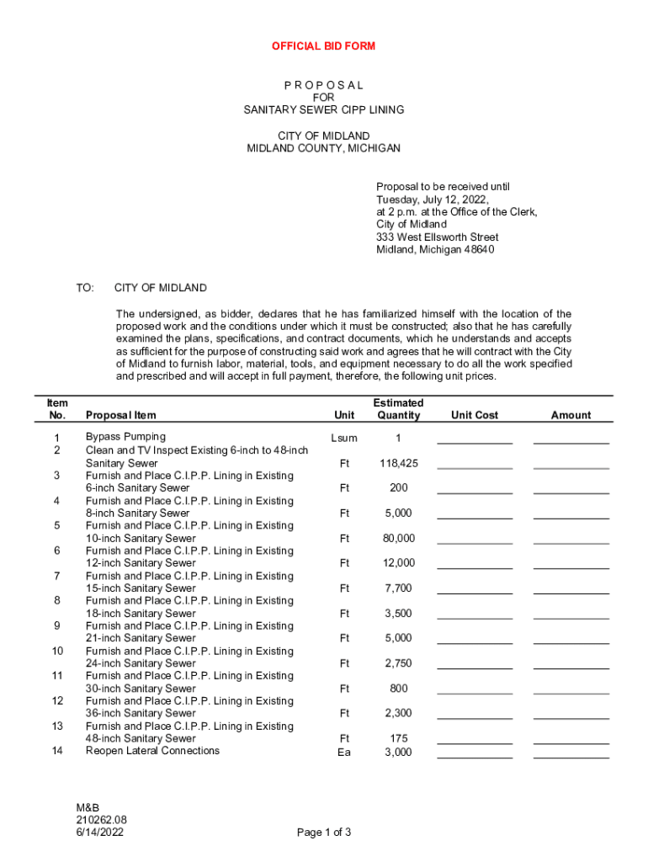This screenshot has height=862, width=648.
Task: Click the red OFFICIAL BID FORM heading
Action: pos(323,46)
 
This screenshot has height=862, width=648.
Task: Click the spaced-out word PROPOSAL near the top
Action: pos(323,85)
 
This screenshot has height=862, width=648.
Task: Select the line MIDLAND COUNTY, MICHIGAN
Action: pos(323,148)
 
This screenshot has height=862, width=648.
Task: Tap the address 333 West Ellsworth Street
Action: pos(437,237)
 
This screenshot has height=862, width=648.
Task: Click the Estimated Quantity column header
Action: pos(398,409)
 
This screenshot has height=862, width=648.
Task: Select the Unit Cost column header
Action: pos(475,415)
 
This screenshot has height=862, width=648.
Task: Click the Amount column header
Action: pos(571,415)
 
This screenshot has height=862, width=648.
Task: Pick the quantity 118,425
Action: pos(398,464)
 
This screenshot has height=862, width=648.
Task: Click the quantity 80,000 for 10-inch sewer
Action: pos(398,539)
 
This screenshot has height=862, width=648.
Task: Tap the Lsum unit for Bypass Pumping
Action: pos(344,439)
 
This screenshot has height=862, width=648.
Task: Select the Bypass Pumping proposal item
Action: pos(125,437)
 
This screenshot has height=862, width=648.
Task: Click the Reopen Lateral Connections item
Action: pos(152,751)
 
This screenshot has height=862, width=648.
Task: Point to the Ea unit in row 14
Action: pos(344,753)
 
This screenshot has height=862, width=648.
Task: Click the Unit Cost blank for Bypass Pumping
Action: pos(475,440)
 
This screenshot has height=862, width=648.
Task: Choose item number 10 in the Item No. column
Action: pos(57,651)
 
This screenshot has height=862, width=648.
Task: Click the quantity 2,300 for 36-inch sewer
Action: pos(398,714)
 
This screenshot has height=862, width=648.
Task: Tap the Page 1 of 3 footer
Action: pos(324,833)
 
